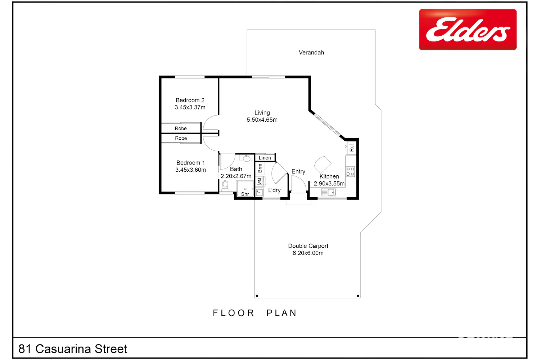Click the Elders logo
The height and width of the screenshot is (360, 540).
tap(468, 30)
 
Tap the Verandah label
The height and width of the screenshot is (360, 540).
tap(311, 53)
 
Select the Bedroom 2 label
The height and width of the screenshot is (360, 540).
tap(190, 100)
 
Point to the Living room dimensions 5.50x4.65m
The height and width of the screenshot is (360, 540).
tap(262, 120)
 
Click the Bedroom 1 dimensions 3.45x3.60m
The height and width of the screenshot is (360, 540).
tap(190, 170)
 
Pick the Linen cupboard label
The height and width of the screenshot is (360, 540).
tap(265, 158)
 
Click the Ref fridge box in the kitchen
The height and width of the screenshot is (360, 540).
tap(351, 148)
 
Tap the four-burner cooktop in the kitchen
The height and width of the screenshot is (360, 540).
tap(350, 171)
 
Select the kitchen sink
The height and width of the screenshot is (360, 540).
tap(328, 192)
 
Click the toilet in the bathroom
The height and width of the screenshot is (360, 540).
tap(225, 186)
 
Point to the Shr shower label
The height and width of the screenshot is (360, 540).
tap(245, 194)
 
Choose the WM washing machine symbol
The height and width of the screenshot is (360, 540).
tap(260, 181)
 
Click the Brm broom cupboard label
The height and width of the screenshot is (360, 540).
tap(260, 168)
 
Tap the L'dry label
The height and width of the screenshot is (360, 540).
tap(274, 190)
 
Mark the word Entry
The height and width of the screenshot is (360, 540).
tap(298, 171)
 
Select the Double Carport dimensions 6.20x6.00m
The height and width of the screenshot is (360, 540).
tap(308, 253)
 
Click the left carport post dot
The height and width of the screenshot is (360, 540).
tap(257, 296)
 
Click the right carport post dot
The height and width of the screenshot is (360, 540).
tap(358, 296)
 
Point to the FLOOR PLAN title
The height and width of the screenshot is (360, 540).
tap(255, 313)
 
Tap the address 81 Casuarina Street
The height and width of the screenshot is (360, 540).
tap(73, 349)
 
